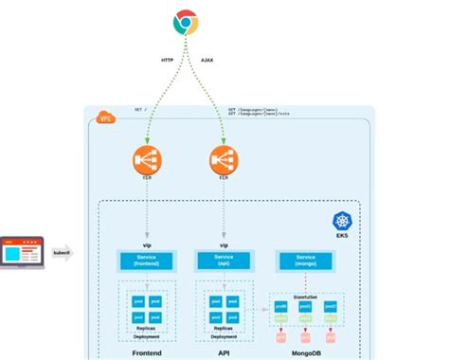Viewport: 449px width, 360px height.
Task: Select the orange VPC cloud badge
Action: (x=103, y=118)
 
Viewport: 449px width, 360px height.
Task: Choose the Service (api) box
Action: (x=224, y=259)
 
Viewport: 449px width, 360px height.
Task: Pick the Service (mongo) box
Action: (x=305, y=259)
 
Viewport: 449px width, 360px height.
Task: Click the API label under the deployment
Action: (x=224, y=353)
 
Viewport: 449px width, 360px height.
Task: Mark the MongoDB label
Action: (x=305, y=353)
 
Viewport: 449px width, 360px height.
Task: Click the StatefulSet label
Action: (x=305, y=297)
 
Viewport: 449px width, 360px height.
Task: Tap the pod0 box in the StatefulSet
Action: (x=281, y=308)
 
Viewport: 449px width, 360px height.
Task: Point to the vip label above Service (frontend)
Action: (x=146, y=244)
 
